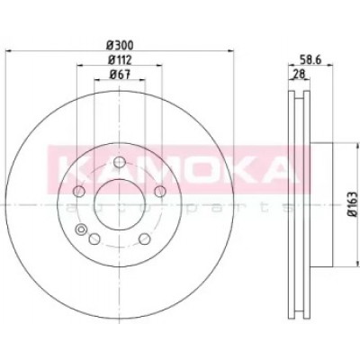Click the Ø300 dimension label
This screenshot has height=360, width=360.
[120, 46]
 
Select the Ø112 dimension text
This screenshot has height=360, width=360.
[120, 60]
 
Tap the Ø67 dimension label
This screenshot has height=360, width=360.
[120, 75]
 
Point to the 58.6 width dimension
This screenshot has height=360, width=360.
[310, 60]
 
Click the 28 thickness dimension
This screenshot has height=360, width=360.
[300, 74]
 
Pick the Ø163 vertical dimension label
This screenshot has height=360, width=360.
[354, 203]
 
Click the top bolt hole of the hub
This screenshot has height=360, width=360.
[120, 163]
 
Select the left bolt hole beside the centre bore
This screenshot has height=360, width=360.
[79, 191]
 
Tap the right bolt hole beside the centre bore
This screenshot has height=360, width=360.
[160, 191]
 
